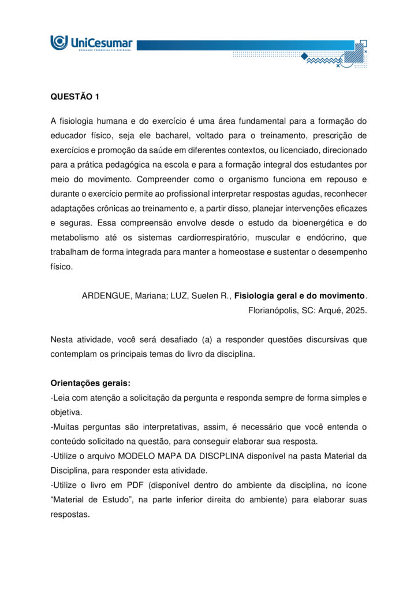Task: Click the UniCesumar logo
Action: pos(91,43)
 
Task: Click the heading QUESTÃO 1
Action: pos(75,97)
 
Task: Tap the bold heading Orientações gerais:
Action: pos(90,383)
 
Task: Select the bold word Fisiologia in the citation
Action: pos(256,295)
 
